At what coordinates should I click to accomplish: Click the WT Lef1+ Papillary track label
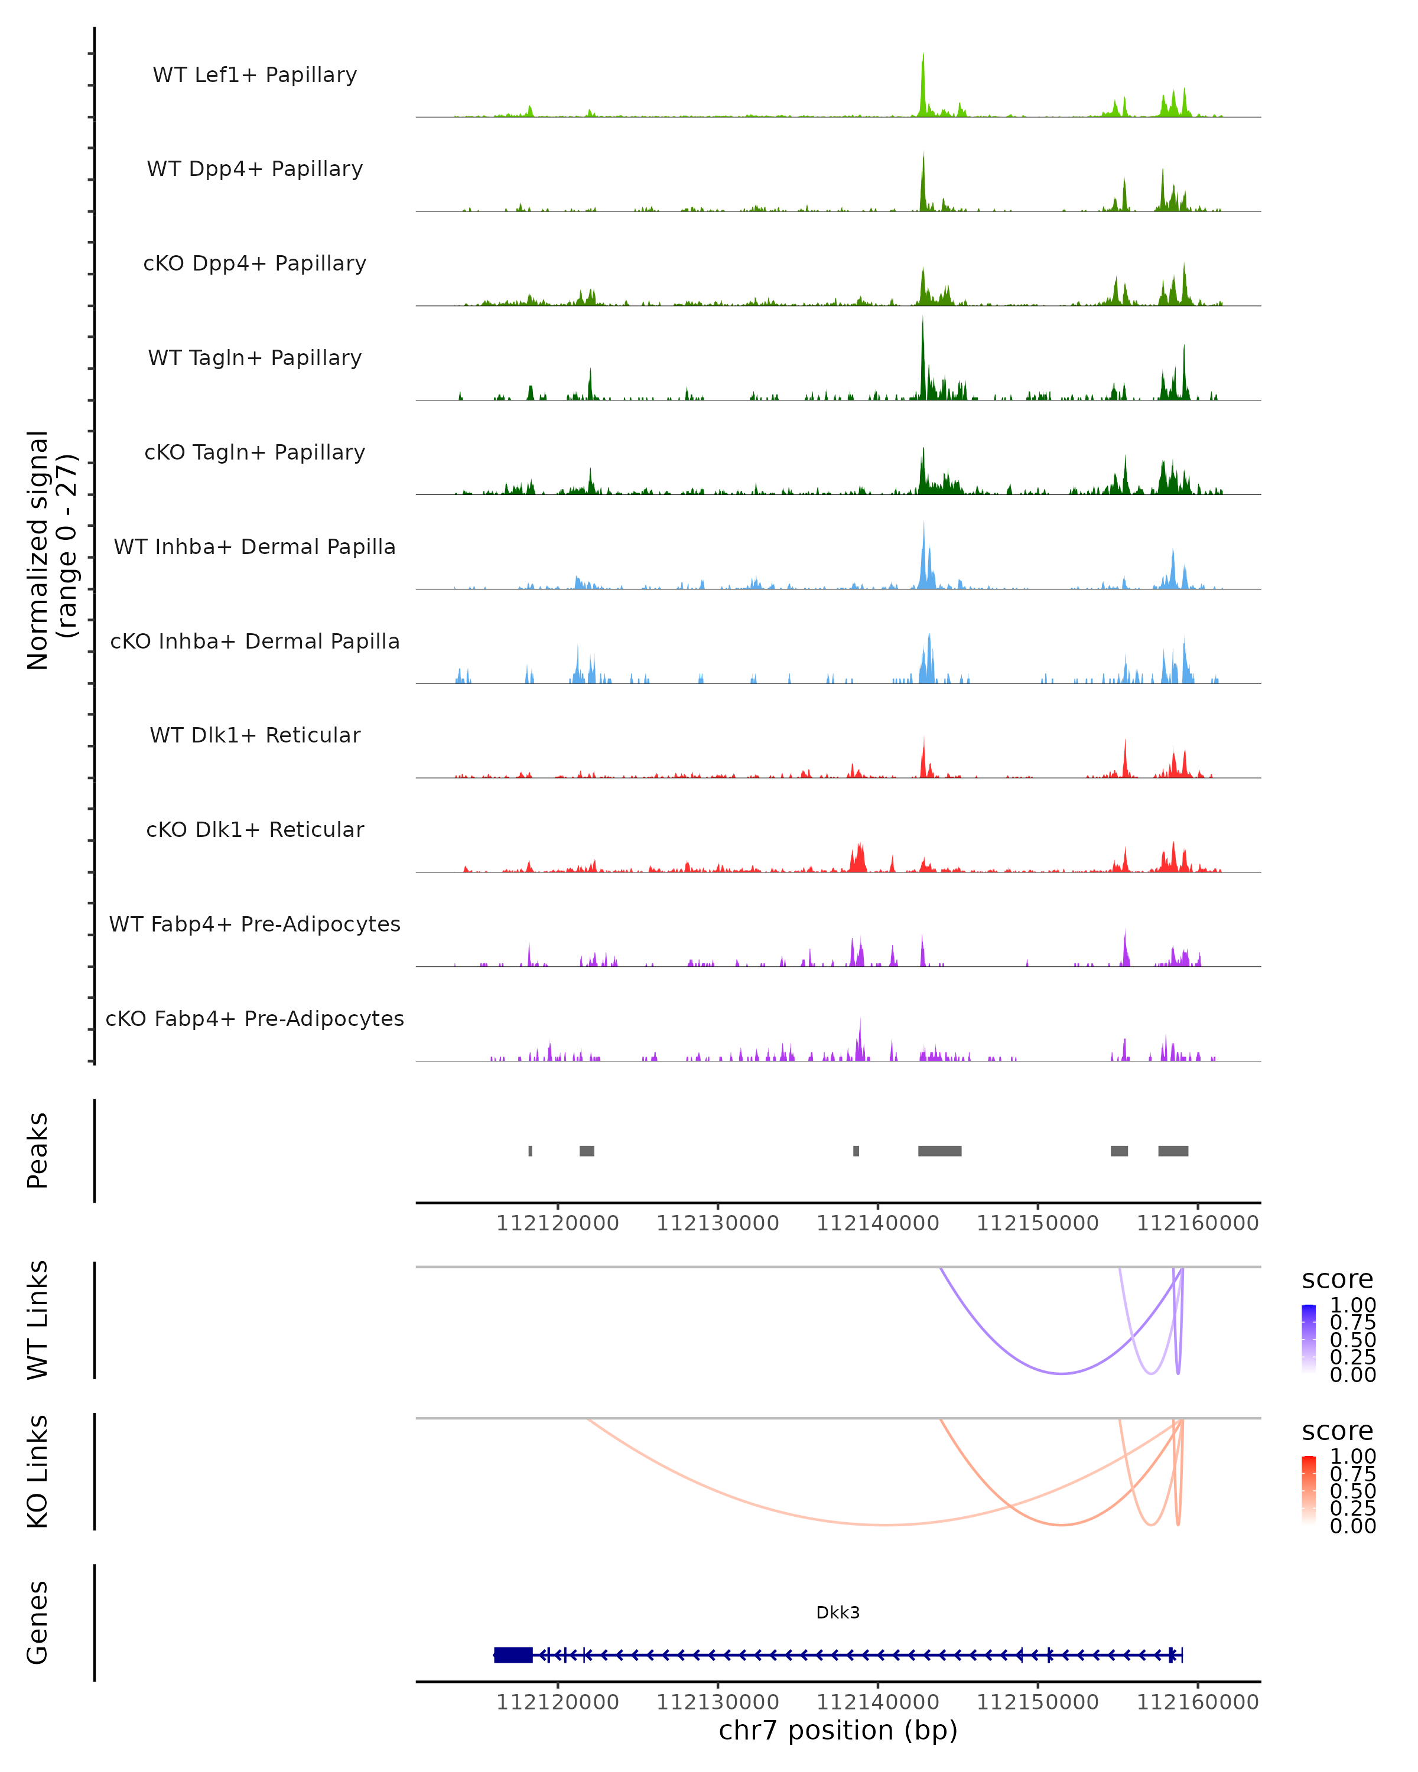255,75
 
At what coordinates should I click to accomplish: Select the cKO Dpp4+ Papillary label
255,263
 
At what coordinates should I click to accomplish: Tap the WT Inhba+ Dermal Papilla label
255,546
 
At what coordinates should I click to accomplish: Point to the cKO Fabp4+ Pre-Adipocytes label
255,1018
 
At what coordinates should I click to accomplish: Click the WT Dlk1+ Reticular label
255,735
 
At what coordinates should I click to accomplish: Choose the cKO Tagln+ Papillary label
255,452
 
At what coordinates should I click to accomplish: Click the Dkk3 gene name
838,1613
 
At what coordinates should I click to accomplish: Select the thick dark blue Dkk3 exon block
513,1655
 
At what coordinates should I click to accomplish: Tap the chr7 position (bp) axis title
838,1731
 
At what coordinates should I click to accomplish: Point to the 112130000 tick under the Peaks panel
718,1223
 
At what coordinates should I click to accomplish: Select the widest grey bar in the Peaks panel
939,1151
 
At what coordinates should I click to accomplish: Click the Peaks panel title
37,1151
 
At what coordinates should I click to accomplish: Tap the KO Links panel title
37,1471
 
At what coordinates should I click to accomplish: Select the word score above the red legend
1338,1431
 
